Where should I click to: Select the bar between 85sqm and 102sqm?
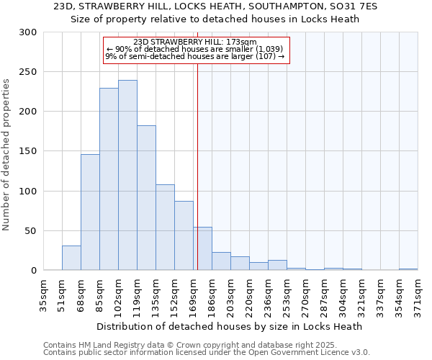coord(109,179)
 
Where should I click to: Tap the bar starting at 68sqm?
coord(90,212)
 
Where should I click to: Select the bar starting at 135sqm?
coord(165,228)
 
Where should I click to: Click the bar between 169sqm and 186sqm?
coord(202,248)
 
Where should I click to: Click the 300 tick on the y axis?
coord(28,32)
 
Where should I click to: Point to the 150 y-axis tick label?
coord(28,151)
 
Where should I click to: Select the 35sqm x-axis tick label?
coord(44,292)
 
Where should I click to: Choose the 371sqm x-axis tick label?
coord(418,292)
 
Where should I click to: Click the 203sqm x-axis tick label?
coord(230,292)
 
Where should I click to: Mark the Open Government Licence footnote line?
coord(207,353)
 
